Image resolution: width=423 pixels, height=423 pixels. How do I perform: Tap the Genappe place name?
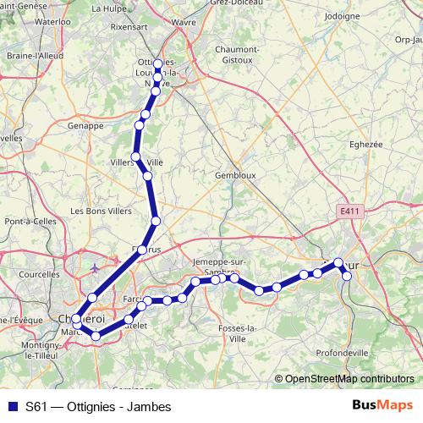85,125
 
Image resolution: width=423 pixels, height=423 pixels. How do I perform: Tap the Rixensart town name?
128,26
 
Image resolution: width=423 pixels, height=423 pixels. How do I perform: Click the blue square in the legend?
12,407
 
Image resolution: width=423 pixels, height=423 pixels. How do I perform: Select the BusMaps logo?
383,406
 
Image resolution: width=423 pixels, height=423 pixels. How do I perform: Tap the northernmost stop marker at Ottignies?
158,64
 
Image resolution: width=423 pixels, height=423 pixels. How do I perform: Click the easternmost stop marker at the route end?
346,276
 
